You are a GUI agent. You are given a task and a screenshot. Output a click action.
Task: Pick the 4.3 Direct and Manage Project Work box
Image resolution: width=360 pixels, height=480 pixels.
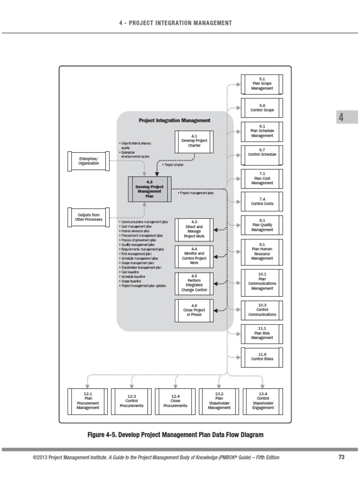[x=194, y=230]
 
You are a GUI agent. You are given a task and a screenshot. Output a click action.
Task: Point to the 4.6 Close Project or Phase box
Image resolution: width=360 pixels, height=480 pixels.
[x=194, y=311]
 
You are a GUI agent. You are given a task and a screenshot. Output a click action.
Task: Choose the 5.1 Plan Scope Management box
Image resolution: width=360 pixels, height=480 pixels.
[x=261, y=85]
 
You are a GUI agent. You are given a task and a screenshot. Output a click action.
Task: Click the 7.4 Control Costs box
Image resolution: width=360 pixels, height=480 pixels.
[x=261, y=203]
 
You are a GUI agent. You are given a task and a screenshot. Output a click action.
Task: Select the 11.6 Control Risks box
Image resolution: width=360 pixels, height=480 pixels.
[x=261, y=359]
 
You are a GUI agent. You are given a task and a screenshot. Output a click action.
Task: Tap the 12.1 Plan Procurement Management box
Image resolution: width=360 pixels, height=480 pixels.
[x=88, y=402]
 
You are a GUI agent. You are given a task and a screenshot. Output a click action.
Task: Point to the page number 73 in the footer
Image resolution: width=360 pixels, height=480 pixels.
[x=341, y=457]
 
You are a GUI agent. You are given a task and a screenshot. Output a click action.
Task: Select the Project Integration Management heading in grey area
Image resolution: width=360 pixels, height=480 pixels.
[x=174, y=120]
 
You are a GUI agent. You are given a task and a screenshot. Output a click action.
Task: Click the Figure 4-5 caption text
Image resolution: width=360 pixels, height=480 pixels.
[x=176, y=435]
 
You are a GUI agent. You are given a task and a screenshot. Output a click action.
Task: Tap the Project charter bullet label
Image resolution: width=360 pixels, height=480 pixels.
[x=174, y=165]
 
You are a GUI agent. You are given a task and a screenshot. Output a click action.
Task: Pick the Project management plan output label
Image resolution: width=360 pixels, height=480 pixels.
[x=197, y=192]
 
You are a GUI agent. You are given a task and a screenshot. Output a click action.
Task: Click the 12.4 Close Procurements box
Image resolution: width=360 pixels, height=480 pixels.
[x=175, y=402]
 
